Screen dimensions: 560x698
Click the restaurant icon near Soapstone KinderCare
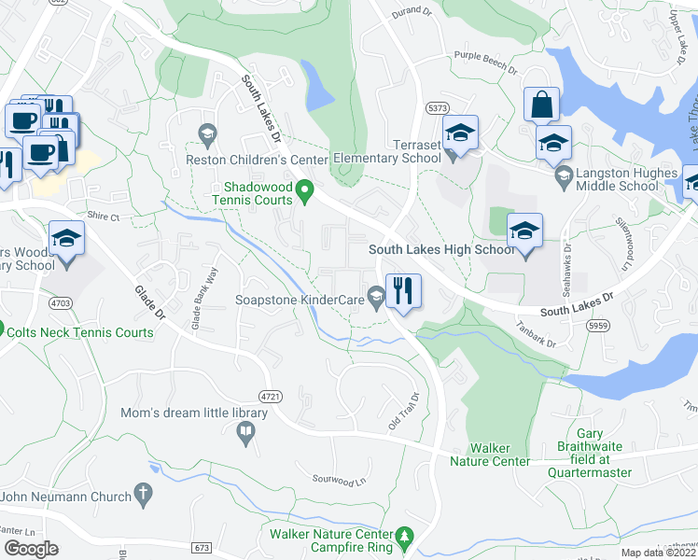point(403,290)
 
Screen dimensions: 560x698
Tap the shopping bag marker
point(541,105)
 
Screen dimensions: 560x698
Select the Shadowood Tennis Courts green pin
point(303,195)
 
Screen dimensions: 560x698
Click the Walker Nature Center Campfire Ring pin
point(404,538)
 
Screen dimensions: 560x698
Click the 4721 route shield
point(271,397)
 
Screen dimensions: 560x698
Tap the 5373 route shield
point(437,109)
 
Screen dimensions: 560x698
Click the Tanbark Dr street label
point(537,336)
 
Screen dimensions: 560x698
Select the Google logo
point(31,549)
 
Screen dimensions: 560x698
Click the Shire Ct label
point(104,217)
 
